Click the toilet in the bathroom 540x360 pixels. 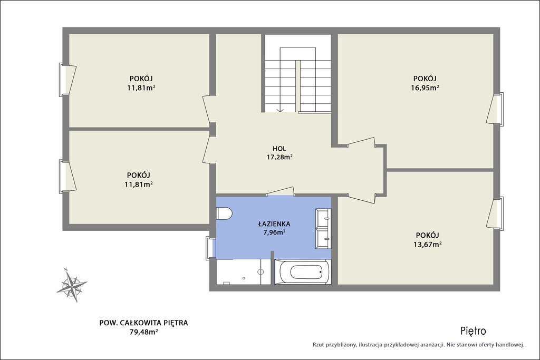[x=224, y=213]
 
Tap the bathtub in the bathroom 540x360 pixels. [x=303, y=272]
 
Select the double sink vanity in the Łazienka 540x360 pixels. [x=323, y=228]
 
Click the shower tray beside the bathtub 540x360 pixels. [x=244, y=272]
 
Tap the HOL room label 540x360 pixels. [x=279, y=149]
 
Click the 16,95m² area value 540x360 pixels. [x=425, y=87]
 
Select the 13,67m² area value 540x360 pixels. [x=427, y=245]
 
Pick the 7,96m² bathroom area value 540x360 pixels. [x=274, y=232]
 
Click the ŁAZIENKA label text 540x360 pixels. [x=274, y=223]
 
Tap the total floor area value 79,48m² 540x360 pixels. [x=143, y=332]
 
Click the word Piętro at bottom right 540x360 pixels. [x=473, y=331]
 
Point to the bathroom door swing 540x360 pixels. [x=281, y=192]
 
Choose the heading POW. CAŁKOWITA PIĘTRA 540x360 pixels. [x=143, y=323]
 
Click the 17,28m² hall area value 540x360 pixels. [x=279, y=157]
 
